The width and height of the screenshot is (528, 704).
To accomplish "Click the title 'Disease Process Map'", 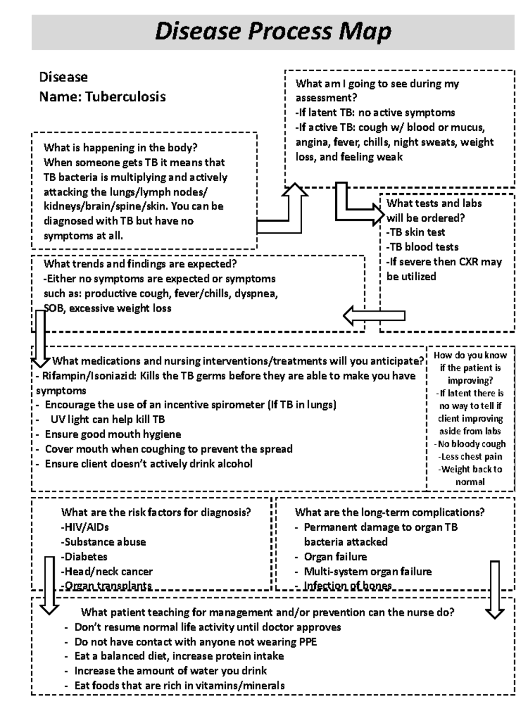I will point(273,32).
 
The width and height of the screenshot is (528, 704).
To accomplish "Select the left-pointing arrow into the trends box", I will point(374,315).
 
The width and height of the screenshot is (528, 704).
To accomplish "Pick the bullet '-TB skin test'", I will point(416,232).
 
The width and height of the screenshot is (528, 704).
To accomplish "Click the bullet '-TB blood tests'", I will point(422,247).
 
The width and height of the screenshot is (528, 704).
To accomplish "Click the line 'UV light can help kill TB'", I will point(108,419).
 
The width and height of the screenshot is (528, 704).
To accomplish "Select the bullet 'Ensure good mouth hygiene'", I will point(113,434).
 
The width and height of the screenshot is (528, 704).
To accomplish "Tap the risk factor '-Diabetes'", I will point(84,557).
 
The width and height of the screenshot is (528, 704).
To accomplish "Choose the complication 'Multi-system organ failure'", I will point(368,572).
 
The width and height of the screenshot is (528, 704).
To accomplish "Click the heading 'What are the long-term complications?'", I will point(389,512).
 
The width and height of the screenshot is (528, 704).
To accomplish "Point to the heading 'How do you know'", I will point(470,355).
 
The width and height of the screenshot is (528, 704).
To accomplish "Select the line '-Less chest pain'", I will point(470,457).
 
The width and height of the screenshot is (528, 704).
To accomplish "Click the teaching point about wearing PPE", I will point(195,642).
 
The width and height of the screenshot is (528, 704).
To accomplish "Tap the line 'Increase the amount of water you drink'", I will point(171,671).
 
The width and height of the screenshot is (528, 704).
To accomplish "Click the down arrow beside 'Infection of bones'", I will point(495,590).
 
